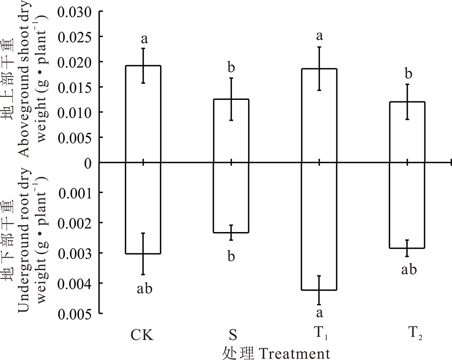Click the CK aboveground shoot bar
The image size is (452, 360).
143,114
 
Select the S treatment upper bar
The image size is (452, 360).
231,131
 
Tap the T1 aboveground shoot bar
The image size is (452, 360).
319,115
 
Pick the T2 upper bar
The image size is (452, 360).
407,132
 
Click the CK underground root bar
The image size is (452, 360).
143,208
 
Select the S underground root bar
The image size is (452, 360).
231,197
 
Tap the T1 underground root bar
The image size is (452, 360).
319,226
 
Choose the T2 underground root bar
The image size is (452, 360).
407,205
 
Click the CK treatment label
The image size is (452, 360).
142,335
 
